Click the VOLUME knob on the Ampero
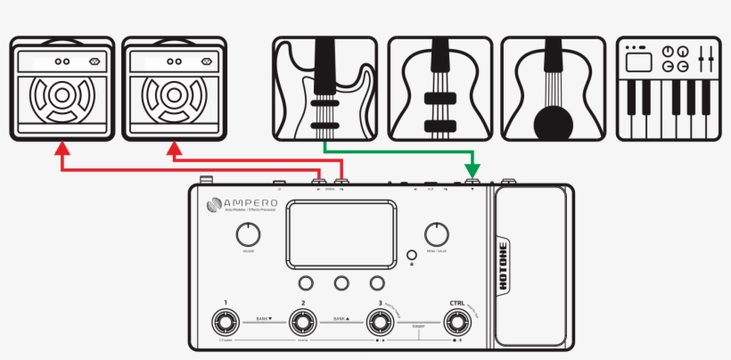(x=249, y=235)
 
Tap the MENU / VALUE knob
(x=436, y=234)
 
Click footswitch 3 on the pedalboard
(x=381, y=322)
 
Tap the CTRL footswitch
(x=458, y=322)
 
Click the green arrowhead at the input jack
(x=472, y=169)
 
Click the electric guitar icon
(x=323, y=88)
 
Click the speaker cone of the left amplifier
(x=62, y=100)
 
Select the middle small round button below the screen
(x=341, y=282)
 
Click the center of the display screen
(x=341, y=233)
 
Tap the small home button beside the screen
(x=411, y=253)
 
